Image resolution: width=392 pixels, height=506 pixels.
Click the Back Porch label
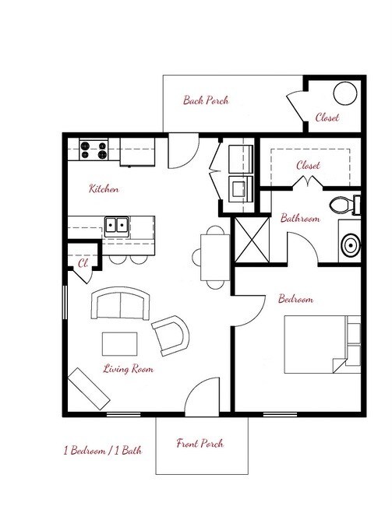coord(206,100)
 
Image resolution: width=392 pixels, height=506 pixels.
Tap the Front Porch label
coord(200,444)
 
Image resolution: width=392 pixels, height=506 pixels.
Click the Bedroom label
coord(296,299)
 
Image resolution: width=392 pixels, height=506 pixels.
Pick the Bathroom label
coord(300,219)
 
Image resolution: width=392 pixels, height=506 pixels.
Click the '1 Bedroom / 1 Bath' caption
coord(102,450)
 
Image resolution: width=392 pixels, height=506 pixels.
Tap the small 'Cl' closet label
coord(81,262)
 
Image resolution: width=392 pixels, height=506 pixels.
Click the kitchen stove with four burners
coord(94,148)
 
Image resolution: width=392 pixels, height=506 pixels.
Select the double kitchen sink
coord(118,227)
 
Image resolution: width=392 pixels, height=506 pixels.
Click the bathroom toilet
coord(341,206)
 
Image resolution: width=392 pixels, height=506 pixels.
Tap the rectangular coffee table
coord(118,343)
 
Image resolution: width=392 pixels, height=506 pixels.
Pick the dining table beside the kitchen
coord(212,256)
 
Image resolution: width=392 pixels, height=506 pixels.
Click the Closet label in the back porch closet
coord(327,118)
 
